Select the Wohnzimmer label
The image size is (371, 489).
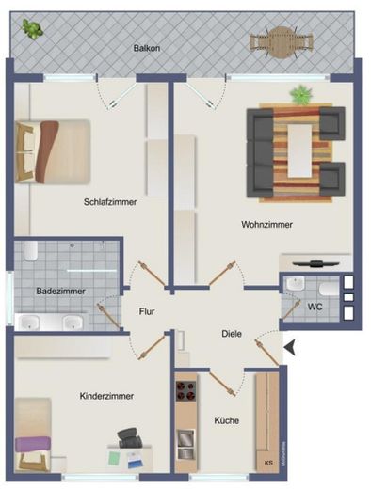coord(266,225)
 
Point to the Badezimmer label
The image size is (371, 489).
coord(60,292)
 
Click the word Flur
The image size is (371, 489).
coord(147,311)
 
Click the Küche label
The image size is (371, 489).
coord(225,420)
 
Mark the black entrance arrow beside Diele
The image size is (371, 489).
coord(290,347)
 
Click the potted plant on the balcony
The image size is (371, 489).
coord(33,29)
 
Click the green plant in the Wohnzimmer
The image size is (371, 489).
coord(301,94)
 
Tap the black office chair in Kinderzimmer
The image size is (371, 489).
coord(130,438)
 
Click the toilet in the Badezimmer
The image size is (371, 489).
coord(29,252)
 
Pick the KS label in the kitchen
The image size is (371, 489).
coord(267,463)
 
